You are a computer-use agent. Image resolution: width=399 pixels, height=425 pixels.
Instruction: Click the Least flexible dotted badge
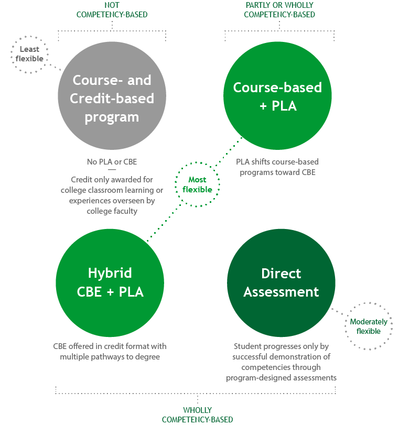[29, 54]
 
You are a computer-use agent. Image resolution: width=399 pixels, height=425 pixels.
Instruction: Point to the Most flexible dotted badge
[197, 184]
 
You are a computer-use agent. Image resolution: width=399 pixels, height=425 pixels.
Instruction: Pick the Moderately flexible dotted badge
[369, 326]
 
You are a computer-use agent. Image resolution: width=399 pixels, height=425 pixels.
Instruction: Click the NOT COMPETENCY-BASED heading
[112, 10]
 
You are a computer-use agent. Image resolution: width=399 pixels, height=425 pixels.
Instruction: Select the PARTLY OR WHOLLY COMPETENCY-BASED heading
[279, 10]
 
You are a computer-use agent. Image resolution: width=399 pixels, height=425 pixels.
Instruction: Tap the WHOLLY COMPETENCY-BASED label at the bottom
[197, 415]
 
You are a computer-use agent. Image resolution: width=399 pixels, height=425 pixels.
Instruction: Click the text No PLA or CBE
[112, 161]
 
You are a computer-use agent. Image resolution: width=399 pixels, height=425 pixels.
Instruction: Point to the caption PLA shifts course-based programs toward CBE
[277, 167]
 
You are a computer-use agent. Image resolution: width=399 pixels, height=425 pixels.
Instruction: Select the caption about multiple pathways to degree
[110, 352]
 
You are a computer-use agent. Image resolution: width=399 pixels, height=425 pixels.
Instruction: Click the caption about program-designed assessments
[281, 362]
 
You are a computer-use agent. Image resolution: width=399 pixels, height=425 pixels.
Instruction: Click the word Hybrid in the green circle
[110, 273]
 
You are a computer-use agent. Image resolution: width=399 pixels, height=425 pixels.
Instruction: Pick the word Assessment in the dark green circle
[281, 292]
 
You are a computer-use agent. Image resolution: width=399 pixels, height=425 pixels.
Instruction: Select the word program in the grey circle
[112, 116]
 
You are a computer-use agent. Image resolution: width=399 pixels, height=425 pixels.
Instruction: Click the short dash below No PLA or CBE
[112, 170]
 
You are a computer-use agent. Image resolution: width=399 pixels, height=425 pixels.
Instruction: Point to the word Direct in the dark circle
[281, 274]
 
